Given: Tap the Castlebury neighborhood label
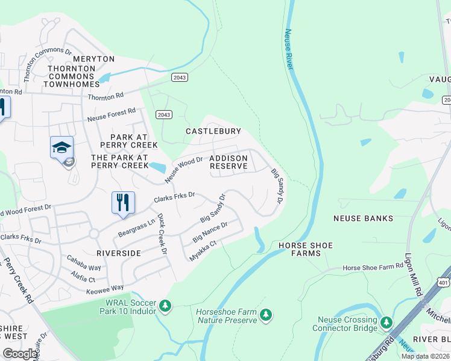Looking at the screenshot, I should click(x=213, y=131).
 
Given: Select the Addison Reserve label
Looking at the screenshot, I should click(x=228, y=162).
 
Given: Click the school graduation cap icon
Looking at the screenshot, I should click(x=61, y=147).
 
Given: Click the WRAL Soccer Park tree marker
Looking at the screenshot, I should click(x=165, y=307).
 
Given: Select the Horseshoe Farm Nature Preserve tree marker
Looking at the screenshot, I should click(x=265, y=315).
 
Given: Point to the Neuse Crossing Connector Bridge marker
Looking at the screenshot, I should click(x=386, y=324).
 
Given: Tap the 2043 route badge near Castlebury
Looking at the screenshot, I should click(x=163, y=114).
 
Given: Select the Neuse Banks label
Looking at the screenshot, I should click(x=362, y=218).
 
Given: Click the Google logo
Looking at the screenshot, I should click(x=20, y=354).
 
